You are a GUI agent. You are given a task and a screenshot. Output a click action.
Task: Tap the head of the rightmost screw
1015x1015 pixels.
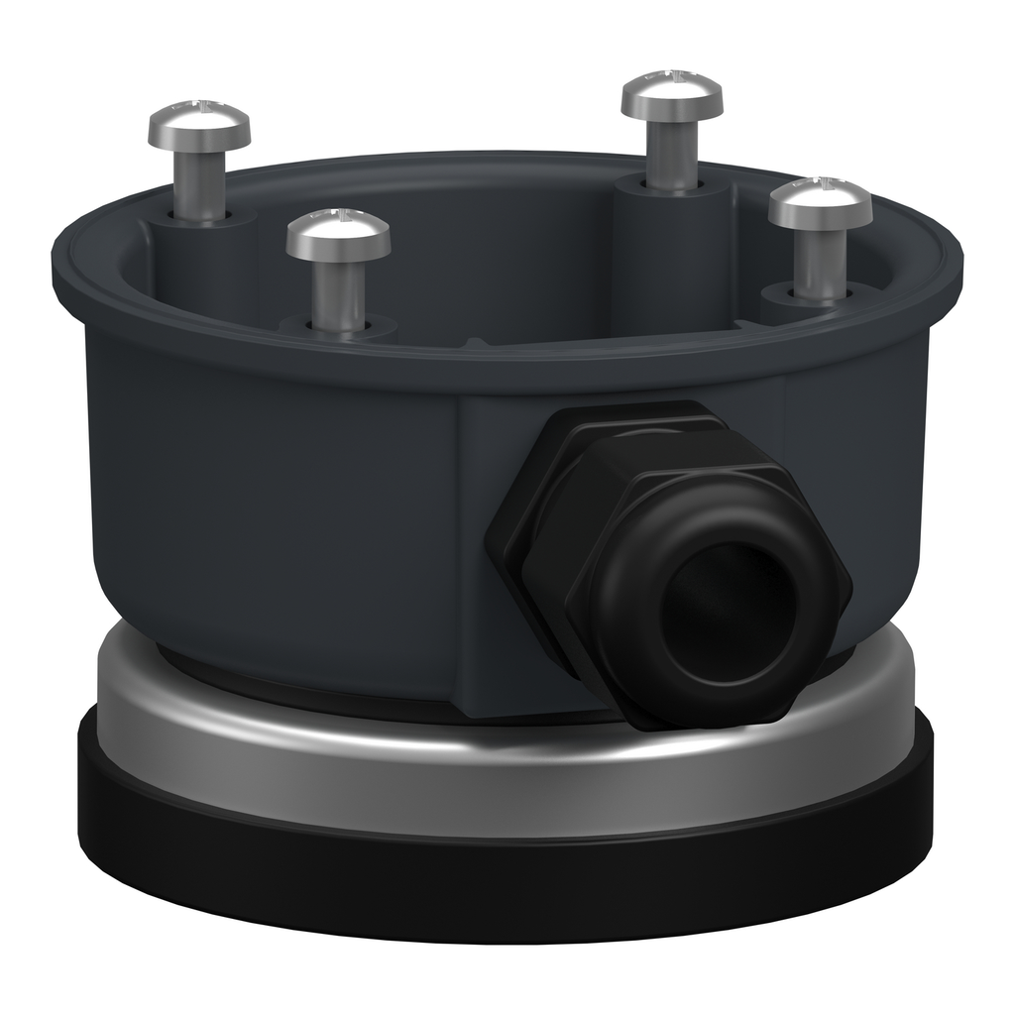pyautogui.click(x=820, y=204)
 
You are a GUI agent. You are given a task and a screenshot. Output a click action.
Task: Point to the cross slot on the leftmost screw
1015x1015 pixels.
pyautogui.click(x=199, y=105)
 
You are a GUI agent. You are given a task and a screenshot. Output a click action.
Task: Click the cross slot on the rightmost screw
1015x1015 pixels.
pyautogui.click(x=820, y=183)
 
